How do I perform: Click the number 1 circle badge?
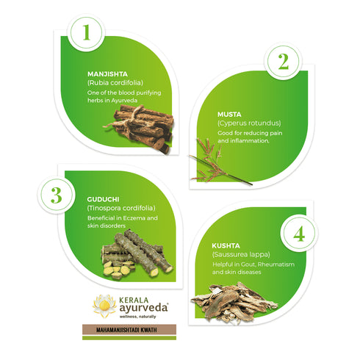(86, 32)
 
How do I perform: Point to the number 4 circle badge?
(299, 234)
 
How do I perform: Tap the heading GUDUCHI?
(104, 198)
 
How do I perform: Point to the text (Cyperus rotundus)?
(248, 123)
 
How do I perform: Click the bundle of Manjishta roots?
(139, 127)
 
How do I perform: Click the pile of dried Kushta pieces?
(232, 301)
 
